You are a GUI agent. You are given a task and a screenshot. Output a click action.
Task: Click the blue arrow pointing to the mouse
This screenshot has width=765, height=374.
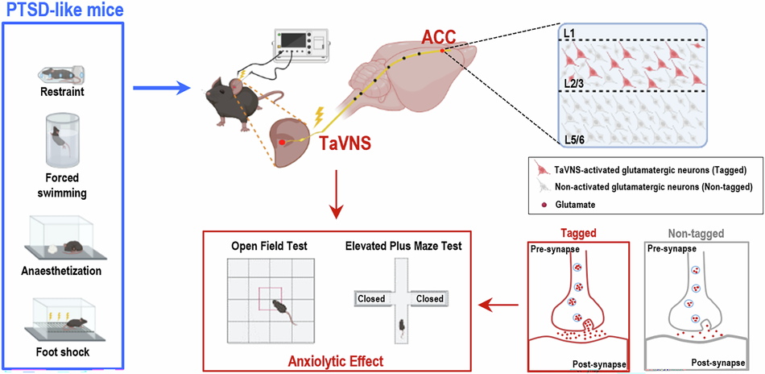(160, 89)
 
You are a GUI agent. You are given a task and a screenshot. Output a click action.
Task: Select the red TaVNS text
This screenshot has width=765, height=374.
(345, 143)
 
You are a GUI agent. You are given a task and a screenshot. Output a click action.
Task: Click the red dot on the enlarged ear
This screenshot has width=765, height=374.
(282, 142)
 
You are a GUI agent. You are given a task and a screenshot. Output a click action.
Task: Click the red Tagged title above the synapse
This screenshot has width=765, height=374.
(577, 234)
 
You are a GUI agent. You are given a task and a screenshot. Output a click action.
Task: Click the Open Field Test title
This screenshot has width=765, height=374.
(269, 247)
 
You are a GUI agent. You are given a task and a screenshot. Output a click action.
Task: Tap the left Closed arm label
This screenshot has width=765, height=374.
(371, 298)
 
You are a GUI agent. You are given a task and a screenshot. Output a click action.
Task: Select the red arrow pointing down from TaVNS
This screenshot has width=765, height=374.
(336, 193)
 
